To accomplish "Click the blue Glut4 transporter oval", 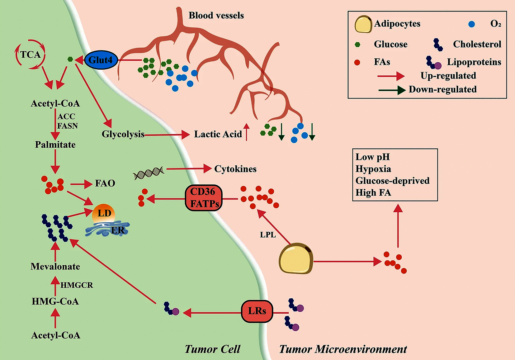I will [101, 60].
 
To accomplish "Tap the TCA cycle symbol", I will [30, 54].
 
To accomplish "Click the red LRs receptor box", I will [257, 311].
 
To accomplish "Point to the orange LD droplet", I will [104, 213].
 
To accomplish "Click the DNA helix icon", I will [149, 173].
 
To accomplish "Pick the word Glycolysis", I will [123, 134].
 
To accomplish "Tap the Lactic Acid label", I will [218, 134].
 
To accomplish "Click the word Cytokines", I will [235, 169].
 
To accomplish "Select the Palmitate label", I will [55, 144].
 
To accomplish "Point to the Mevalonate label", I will [55, 267].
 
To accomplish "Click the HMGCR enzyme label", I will [77, 285].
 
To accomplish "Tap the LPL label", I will [268, 235].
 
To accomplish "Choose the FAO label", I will [105, 183].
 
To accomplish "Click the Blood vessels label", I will [216, 16].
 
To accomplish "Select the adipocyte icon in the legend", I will [363, 24].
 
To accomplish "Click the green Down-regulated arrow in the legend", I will [392, 90].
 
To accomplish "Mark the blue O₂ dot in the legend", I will [471, 24].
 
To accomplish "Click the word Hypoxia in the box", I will [373, 169].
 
